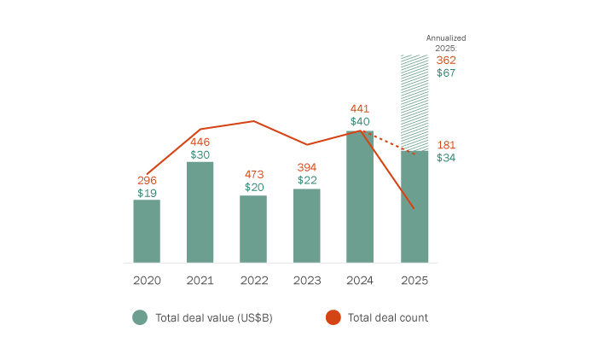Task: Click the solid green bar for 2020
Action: [x=147, y=231]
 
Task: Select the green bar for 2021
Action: [x=200, y=212]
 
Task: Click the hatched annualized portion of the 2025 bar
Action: [x=414, y=102]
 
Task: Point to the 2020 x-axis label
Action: [x=147, y=280]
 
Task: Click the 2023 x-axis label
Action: [x=307, y=280]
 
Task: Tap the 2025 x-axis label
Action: [x=414, y=280]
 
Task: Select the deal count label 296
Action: [x=147, y=181]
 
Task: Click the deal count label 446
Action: [x=200, y=142]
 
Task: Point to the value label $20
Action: [x=253, y=187]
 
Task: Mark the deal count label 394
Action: [x=307, y=166]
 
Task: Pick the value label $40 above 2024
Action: [x=360, y=122]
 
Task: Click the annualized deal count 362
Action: [x=446, y=61]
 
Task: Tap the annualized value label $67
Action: [x=446, y=73]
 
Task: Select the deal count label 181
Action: [x=446, y=145]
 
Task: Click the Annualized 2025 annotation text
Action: [x=446, y=44]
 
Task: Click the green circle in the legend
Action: [x=140, y=317]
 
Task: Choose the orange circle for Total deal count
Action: [x=333, y=317]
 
